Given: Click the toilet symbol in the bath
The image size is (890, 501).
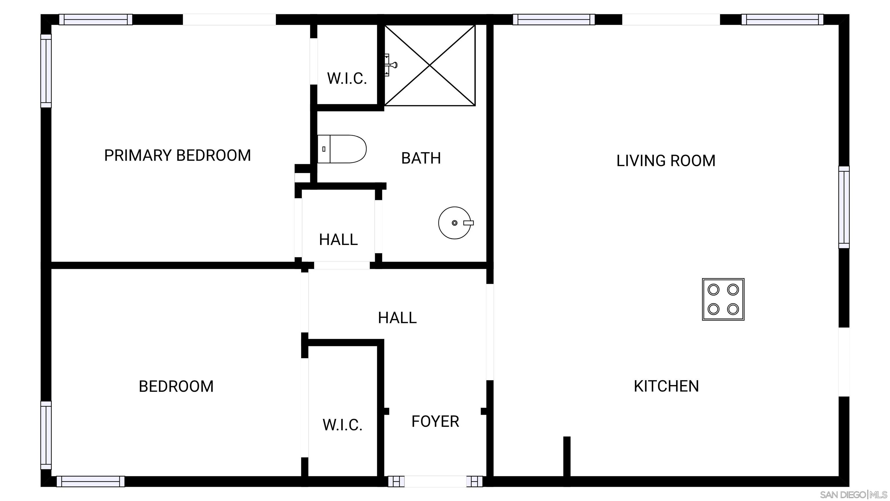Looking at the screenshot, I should click(341, 149).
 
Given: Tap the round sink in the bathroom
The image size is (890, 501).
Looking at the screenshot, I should click(455, 223).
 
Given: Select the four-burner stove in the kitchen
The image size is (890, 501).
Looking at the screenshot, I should click(723, 299).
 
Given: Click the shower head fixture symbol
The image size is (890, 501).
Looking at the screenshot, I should click(391, 65).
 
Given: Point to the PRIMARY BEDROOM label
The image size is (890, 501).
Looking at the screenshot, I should click(177, 155).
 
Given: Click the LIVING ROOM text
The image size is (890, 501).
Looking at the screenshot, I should click(665, 161).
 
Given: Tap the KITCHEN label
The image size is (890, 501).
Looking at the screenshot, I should click(666, 386).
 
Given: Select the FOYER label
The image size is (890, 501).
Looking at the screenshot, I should click(435, 422).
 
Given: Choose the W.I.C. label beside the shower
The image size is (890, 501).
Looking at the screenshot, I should click(346, 79).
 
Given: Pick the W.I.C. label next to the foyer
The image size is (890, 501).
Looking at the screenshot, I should click(342, 425).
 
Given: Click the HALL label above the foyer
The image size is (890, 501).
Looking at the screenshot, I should click(397, 318).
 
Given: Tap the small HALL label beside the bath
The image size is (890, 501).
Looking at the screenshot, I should click(338, 239).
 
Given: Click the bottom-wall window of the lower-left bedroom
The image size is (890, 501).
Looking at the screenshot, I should click(90, 481).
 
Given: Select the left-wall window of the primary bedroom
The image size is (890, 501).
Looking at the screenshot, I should click(46, 71).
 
